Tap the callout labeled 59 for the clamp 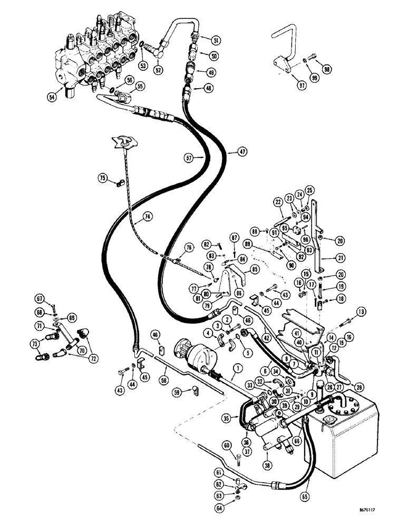179,392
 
